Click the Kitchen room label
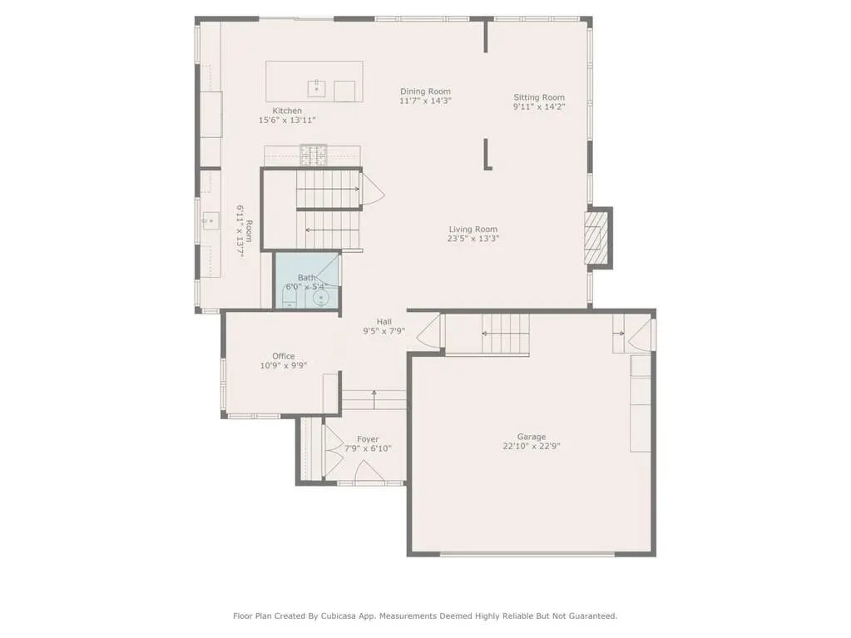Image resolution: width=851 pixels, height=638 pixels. point(287,111)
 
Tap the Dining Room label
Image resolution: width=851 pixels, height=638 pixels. point(426,91)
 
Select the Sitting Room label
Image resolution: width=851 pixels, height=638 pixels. point(539,97)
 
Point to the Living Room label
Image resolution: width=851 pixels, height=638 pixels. point(473,230)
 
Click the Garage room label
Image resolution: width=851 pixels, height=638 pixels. point(532,437)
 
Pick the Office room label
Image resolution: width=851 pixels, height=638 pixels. point(284,357)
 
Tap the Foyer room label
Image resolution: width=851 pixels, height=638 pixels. point(368,439)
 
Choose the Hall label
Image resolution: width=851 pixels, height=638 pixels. point(384,322)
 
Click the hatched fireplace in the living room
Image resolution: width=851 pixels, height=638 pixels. point(595,238)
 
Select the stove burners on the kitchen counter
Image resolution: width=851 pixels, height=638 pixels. point(314,155)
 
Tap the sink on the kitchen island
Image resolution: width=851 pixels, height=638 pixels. point(316,88)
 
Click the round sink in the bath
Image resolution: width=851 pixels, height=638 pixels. point(321,299)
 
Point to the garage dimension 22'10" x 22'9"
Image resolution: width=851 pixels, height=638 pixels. point(532,447)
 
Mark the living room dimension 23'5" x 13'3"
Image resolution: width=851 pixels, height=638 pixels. point(473,239)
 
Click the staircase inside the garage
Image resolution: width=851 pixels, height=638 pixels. point(505,334)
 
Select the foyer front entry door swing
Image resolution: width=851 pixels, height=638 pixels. point(369,471)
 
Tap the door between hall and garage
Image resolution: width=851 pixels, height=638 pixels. point(428,330)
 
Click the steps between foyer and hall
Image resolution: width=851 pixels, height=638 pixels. point(374,400)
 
